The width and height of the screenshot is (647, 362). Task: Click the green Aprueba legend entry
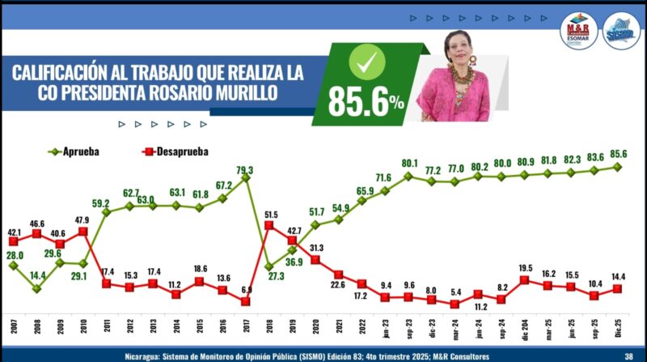click(81, 151)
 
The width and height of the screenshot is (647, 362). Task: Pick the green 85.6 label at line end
click(620, 154)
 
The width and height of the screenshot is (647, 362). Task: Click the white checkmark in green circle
click(364, 61)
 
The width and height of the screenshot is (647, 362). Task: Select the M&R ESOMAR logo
click(578, 32)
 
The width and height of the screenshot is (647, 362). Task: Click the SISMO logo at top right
click(622, 30)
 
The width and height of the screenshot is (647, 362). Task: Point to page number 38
click(628, 354)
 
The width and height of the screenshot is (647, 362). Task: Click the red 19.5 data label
click(524, 268)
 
